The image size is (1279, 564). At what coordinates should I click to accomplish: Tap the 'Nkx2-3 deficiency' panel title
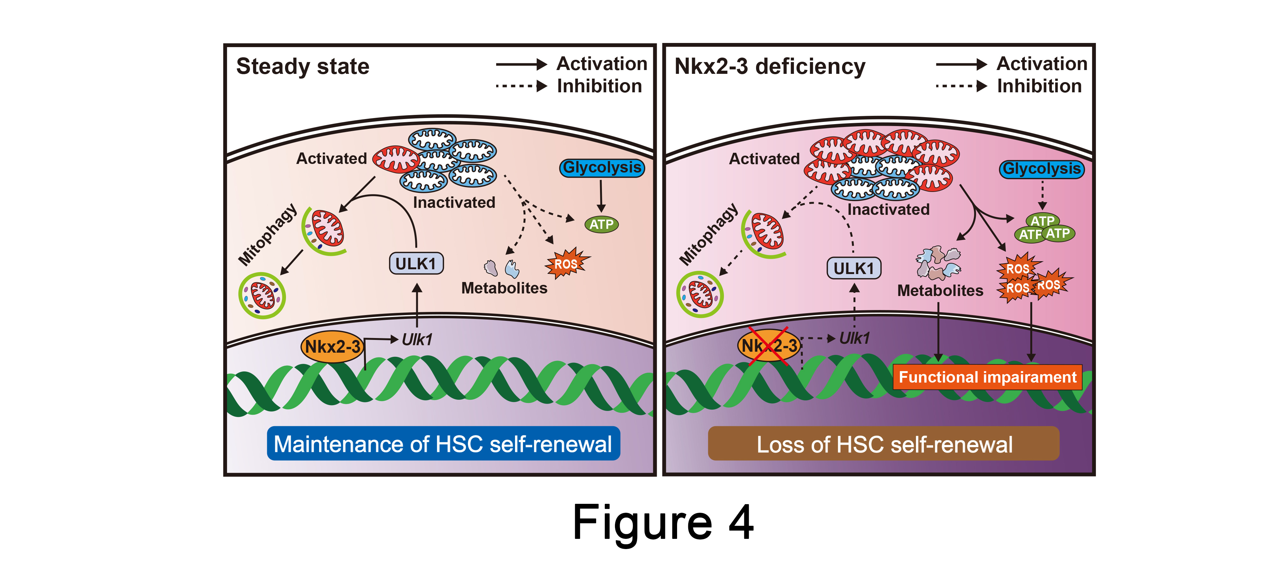[769, 67]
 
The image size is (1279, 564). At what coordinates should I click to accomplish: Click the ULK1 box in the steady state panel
[416, 264]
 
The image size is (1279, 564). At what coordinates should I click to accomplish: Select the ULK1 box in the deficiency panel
[854, 268]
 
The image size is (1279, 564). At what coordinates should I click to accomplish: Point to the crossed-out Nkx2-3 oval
[768, 346]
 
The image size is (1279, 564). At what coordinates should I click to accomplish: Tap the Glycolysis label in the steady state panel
[602, 168]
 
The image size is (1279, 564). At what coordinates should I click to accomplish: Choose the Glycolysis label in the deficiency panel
[1042, 169]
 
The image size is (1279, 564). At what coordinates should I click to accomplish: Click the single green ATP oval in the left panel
[601, 224]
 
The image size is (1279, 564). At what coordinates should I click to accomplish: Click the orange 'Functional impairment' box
[987, 377]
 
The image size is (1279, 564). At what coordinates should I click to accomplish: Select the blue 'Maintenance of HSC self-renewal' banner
[443, 443]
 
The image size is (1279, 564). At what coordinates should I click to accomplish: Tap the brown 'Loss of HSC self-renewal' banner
[884, 444]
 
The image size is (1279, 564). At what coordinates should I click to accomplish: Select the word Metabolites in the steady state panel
[504, 288]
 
